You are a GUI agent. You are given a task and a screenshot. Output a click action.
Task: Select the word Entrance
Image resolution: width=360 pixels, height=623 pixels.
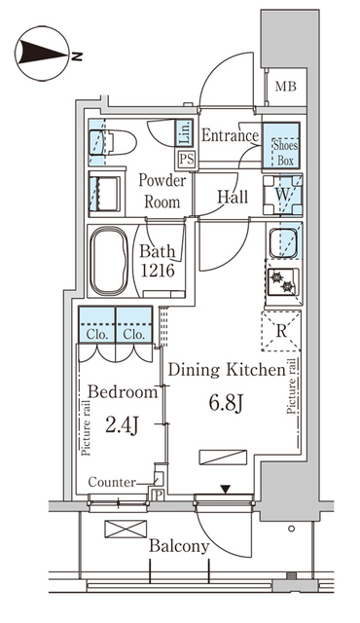(230, 136)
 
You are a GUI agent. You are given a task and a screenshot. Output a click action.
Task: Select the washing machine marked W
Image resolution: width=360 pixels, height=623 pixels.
(283, 193)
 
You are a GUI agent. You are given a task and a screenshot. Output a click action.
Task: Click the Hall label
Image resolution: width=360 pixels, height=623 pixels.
(232, 198)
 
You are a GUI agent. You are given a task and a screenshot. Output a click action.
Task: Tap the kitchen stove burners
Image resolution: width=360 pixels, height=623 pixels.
(283, 281)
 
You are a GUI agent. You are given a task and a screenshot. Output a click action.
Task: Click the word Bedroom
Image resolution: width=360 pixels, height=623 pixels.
(123, 393)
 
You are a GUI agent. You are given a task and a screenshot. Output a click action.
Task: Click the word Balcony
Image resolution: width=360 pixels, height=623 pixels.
(179, 546)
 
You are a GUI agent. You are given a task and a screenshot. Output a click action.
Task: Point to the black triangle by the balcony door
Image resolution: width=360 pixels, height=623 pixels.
(226, 489)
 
